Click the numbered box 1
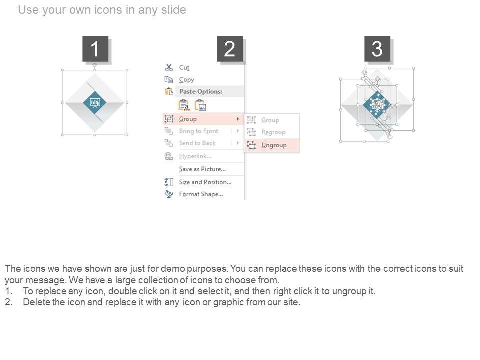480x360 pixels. [95, 49]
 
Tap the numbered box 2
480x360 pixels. [230, 49]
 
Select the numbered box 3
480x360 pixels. [377, 49]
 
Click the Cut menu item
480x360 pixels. [184, 67]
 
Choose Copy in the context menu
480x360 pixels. [186, 80]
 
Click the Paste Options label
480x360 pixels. [201, 91]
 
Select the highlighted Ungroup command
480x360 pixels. [274, 145]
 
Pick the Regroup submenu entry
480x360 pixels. [273, 132]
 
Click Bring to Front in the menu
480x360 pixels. [199, 131]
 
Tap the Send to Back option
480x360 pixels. [197, 143]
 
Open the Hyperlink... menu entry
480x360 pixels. [195, 156]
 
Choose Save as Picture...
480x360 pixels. [202, 169]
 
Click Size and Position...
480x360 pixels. [205, 182]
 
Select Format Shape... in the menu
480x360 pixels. [201, 194]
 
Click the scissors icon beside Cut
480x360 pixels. [169, 67]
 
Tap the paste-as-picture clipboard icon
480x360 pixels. [201, 105]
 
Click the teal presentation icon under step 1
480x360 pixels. [95, 103]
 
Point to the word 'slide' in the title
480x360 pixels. [174, 10]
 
